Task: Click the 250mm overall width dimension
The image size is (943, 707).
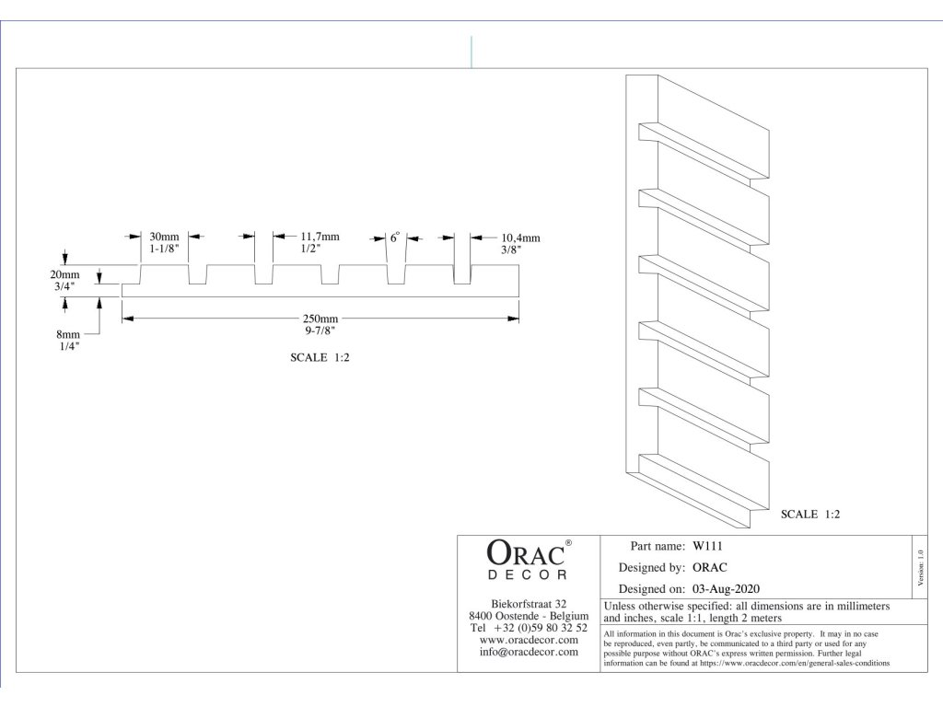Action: tap(320, 319)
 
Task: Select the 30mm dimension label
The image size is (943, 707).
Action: tap(164, 237)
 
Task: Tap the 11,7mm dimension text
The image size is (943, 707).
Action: tap(320, 237)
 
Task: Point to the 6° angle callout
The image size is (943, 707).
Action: tap(394, 238)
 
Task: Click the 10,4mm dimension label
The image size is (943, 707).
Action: tap(521, 238)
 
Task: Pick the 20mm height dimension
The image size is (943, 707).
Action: tap(64, 274)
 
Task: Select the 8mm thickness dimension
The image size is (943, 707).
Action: tap(68, 334)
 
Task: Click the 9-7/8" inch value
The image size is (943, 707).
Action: tap(320, 330)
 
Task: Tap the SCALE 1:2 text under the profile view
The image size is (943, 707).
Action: tap(320, 358)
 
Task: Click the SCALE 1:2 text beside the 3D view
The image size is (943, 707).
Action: tap(810, 514)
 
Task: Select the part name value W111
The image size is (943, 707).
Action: tap(707, 546)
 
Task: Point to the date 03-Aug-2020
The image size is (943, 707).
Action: tap(726, 589)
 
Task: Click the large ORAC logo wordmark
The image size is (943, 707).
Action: tap(525, 553)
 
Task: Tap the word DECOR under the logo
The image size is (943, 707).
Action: tap(527, 574)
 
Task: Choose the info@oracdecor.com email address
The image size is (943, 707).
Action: tap(529, 652)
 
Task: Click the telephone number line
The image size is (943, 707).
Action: tap(529, 628)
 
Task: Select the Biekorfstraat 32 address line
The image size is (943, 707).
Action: tap(529, 604)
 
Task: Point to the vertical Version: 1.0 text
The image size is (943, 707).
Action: tap(920, 568)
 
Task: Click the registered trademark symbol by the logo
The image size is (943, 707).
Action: tap(568, 542)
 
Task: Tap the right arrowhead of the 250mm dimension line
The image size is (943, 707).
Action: tap(513, 319)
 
